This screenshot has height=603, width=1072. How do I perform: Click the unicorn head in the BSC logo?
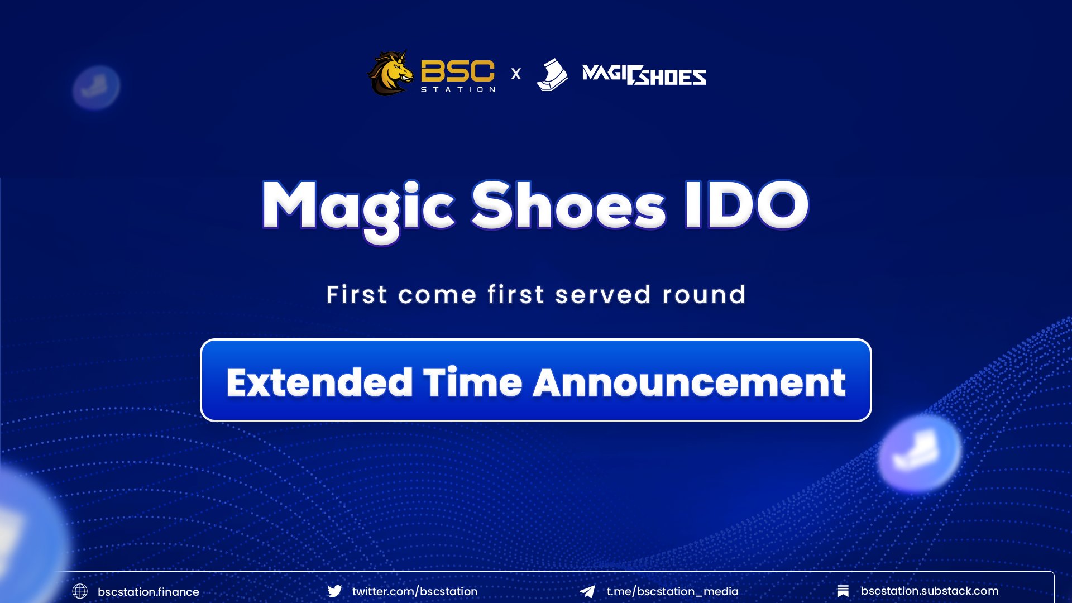391,73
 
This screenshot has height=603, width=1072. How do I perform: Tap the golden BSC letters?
457,71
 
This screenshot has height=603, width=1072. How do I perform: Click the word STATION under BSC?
457,89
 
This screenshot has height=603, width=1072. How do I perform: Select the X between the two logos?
516,74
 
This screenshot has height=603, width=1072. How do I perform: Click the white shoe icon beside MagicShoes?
552,75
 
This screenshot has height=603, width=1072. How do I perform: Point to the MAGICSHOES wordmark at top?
644,75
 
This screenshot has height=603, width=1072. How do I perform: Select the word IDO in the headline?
746,205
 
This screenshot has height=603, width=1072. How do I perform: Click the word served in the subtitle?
603,295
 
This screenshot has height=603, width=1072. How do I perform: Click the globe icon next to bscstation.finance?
80,591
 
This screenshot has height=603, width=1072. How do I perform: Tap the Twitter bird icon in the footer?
334,591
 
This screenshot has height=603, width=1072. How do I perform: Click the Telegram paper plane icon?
587,591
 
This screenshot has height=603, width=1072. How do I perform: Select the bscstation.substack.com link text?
929,591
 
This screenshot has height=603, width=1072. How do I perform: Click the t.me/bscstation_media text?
672,591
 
